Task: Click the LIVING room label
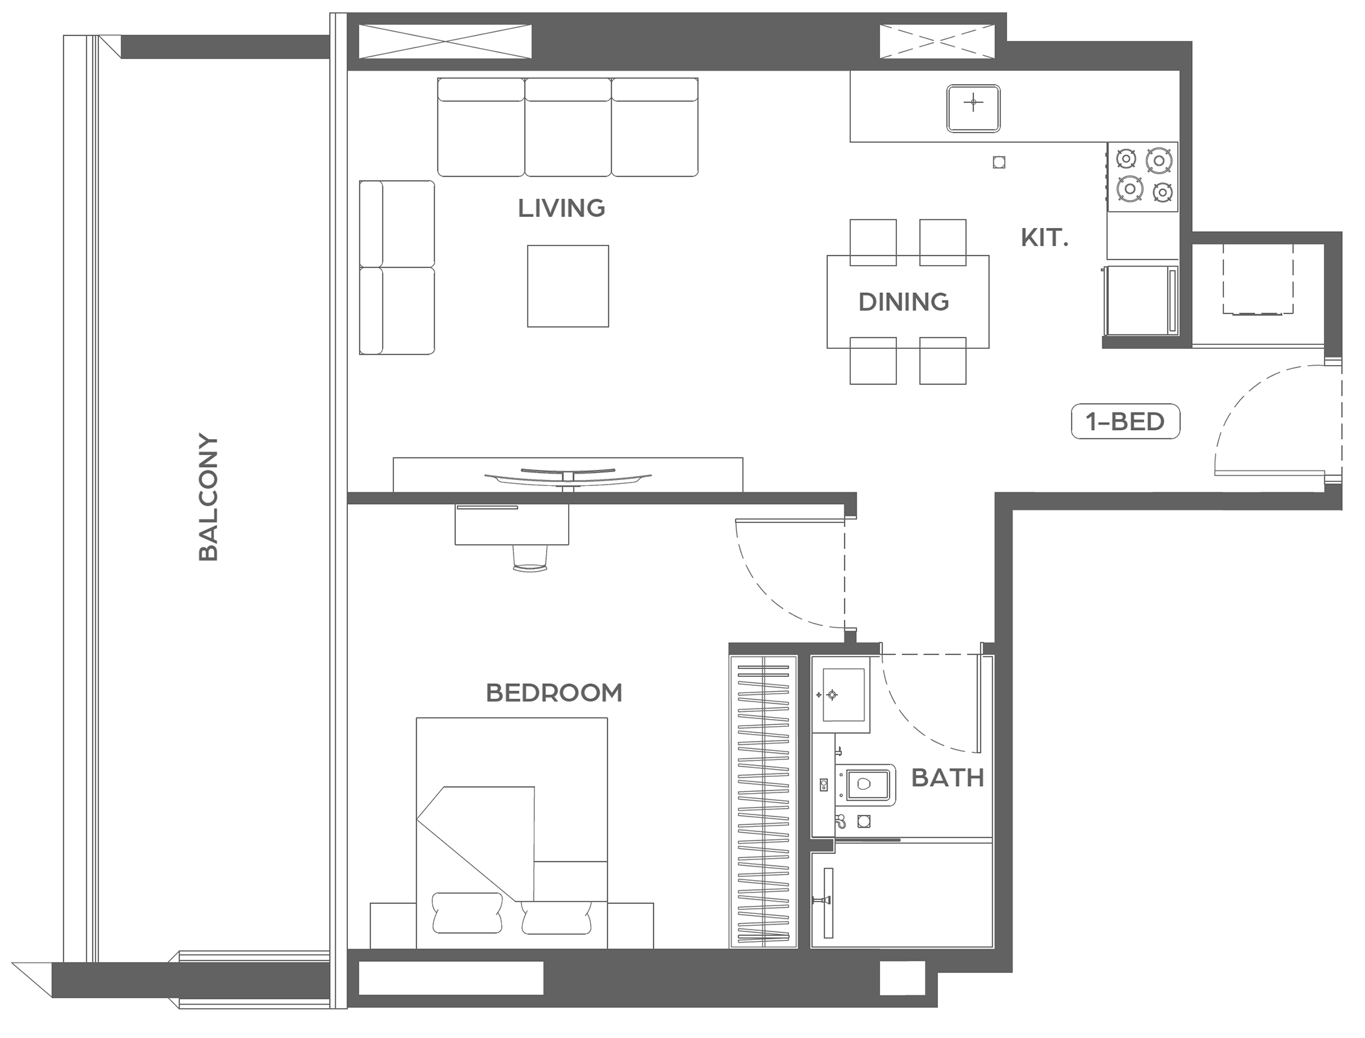[x=561, y=208]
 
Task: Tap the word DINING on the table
[x=903, y=302]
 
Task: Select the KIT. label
[x=1045, y=238]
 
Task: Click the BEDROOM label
[x=554, y=693]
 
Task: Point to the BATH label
[x=948, y=778]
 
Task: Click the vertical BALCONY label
[x=208, y=497]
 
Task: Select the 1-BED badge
[x=1125, y=422]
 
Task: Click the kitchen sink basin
[x=973, y=108]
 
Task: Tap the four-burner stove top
[x=1143, y=177]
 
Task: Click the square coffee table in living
[x=568, y=286]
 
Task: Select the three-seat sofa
[x=568, y=127]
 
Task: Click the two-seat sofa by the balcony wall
[x=396, y=268]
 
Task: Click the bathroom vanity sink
[x=842, y=695]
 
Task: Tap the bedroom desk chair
[x=530, y=558]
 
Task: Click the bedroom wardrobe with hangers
[x=763, y=802]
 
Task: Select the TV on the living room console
[x=567, y=477]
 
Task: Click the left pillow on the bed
[x=467, y=913]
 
